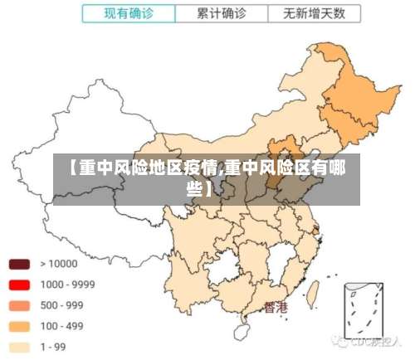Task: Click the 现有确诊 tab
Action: pyautogui.click(x=129, y=13)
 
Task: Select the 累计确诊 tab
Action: pyautogui.click(x=222, y=13)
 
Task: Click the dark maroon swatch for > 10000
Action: pyautogui.click(x=20, y=264)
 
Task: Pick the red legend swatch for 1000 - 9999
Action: pyautogui.click(x=20, y=285)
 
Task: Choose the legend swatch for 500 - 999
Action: pyautogui.click(x=20, y=305)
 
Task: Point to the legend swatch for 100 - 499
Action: pyautogui.click(x=20, y=326)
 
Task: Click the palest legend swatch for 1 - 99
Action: pyautogui.click(x=20, y=347)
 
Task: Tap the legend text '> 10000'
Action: pyautogui.click(x=59, y=264)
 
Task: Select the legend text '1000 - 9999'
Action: pyautogui.click(x=67, y=285)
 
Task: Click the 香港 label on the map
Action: pyautogui.click(x=276, y=308)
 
